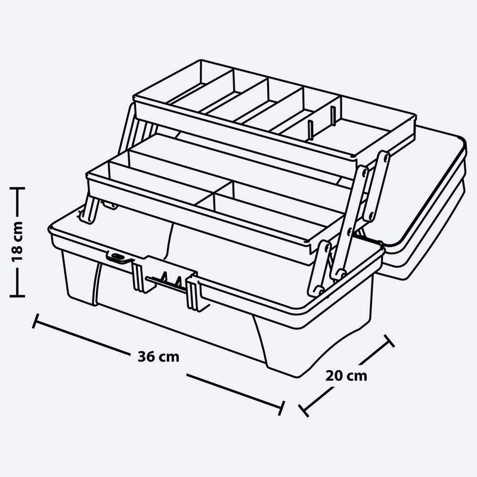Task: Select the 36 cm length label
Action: coord(158,356)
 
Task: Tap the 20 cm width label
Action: coord(346,376)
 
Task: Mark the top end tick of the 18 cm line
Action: coord(18,188)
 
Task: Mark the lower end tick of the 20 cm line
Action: coord(303,411)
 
